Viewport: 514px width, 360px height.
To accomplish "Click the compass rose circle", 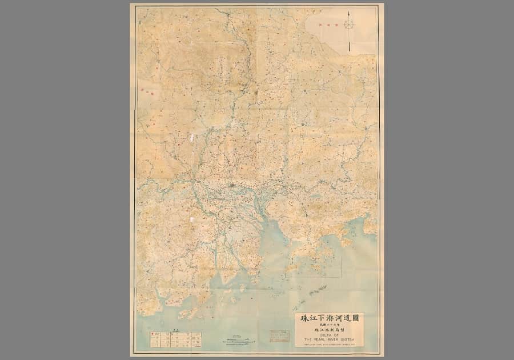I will [x=349, y=24].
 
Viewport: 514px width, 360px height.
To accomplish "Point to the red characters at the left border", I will [x=147, y=90].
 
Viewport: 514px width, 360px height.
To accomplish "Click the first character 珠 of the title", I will [x=303, y=318].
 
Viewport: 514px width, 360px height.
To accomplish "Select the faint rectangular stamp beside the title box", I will [x=279, y=335].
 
